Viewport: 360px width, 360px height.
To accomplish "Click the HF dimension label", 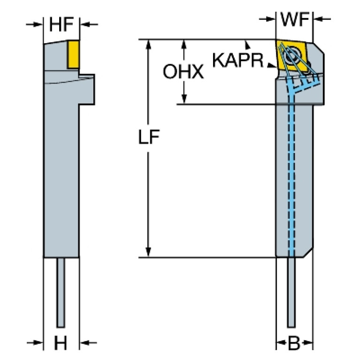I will click(61, 24).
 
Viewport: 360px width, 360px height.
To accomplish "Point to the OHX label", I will click(183, 72).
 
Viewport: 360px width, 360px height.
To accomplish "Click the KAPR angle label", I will click(237, 60).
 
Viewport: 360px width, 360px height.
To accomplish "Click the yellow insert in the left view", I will click(72, 54).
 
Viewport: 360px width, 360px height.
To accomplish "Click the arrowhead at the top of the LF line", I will click(149, 45).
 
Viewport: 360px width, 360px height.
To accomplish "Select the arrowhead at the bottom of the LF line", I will click(149, 252).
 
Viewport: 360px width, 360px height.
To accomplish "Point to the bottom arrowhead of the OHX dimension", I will click(184, 98).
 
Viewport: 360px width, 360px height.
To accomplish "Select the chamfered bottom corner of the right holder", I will click(307, 253).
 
